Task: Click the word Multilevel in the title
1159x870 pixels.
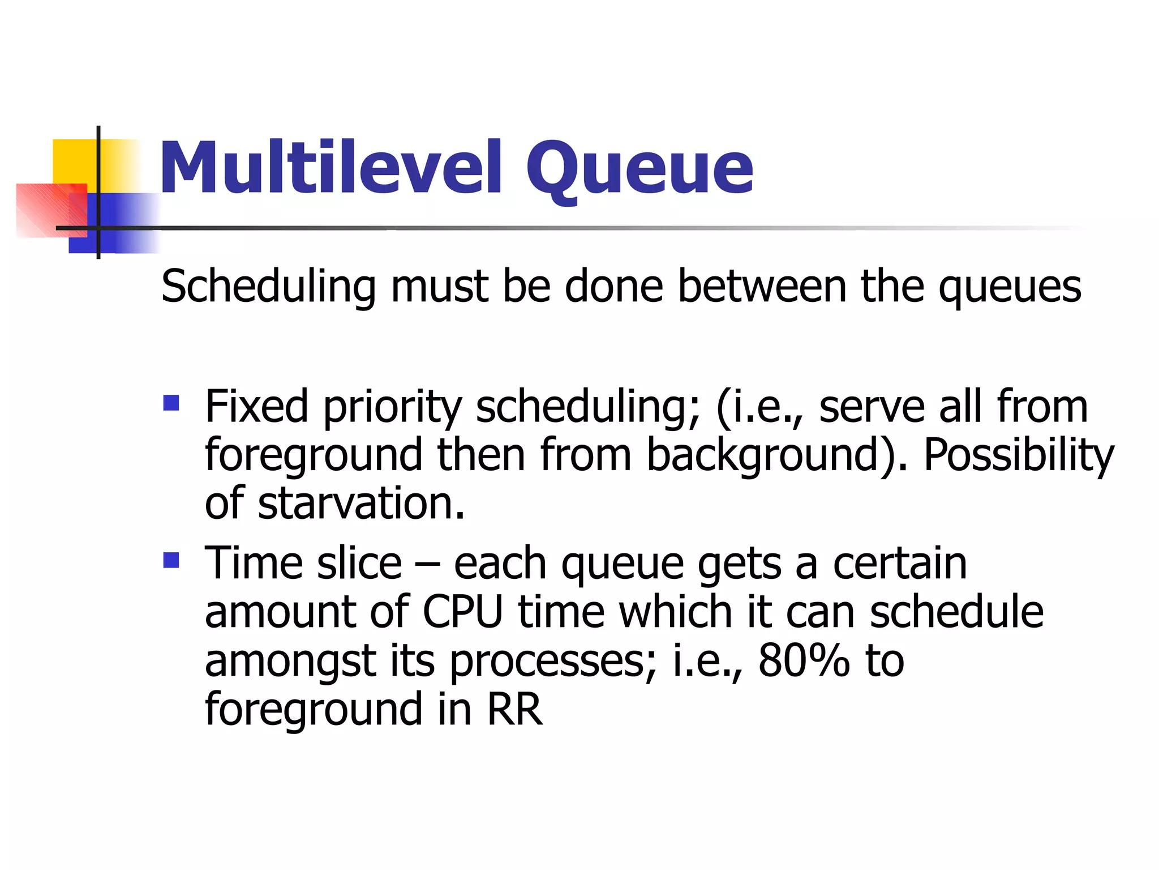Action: [331, 167]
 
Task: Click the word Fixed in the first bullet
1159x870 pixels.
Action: [256, 406]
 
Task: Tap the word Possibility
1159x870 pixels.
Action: [1018, 456]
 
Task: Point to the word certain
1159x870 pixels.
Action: [900, 563]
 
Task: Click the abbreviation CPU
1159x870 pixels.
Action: [462, 612]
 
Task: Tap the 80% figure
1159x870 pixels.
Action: [804, 660]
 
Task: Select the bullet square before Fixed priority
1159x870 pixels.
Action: [171, 403]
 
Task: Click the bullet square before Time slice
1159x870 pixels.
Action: [171, 560]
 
